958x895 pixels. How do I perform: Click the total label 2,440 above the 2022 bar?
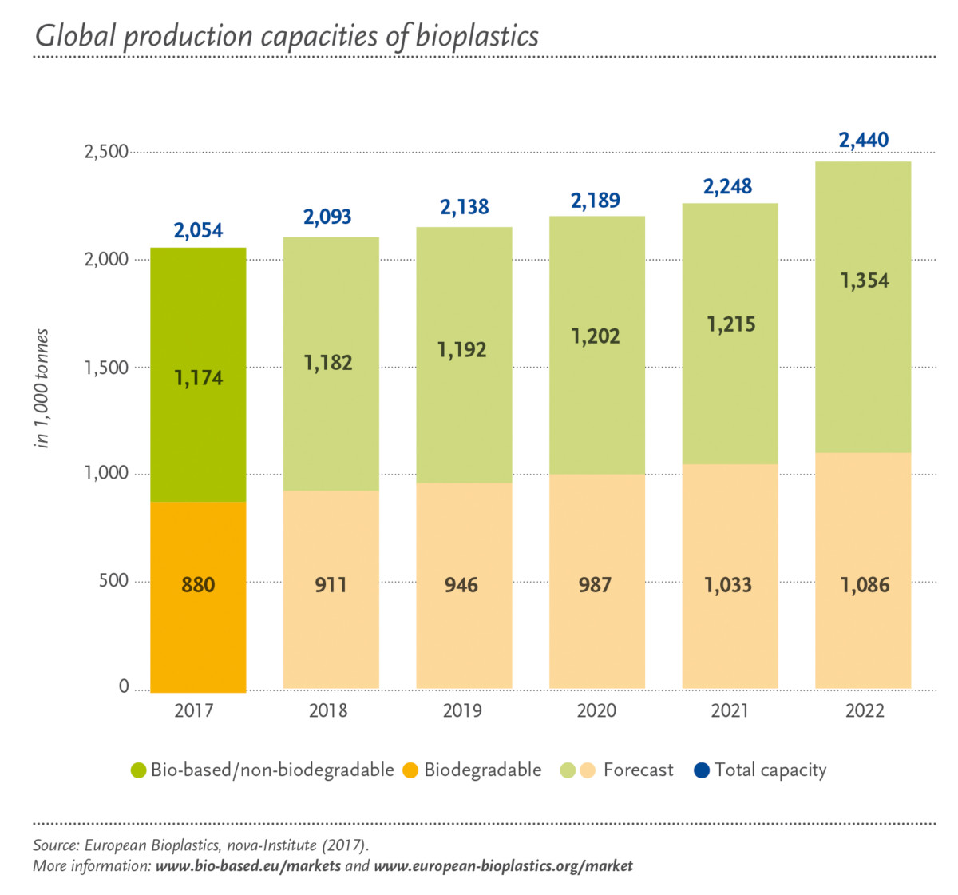863,141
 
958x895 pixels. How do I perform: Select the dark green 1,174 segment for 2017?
198,376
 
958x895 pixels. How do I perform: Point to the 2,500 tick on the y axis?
106,152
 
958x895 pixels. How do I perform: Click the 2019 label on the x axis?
462,710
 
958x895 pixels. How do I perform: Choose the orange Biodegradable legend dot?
410,770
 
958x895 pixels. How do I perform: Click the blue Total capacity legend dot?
702,770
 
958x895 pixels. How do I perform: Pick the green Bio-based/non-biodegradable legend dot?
139,770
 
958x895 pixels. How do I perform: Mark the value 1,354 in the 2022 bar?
864,281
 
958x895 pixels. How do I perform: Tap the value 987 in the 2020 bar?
595,585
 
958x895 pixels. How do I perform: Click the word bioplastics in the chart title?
477,37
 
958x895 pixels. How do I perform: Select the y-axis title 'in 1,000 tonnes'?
42,388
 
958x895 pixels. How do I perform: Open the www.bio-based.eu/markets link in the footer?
248,866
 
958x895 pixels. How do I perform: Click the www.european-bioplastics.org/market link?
503,866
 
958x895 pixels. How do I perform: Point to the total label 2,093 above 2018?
327,217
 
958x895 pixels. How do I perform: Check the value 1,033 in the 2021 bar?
728,585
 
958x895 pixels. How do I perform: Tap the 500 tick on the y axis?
113,580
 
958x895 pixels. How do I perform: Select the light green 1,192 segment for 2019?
462,352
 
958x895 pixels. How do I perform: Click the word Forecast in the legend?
638,770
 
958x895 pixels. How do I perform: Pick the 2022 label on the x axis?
865,710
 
